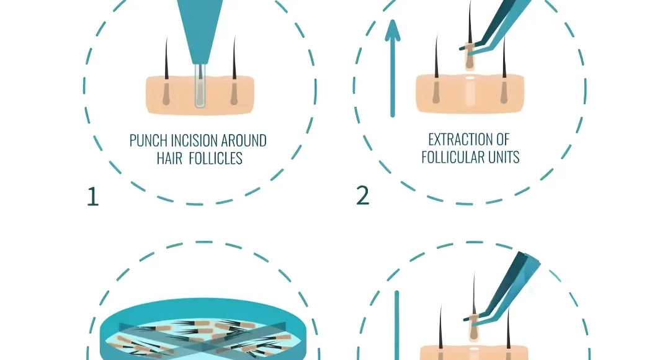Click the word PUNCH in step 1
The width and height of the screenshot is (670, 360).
coord(145,141)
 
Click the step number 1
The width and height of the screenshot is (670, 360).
coord(92,197)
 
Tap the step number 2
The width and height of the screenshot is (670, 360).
coord(363,196)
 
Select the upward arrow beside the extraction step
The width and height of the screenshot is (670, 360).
coord(392,68)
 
